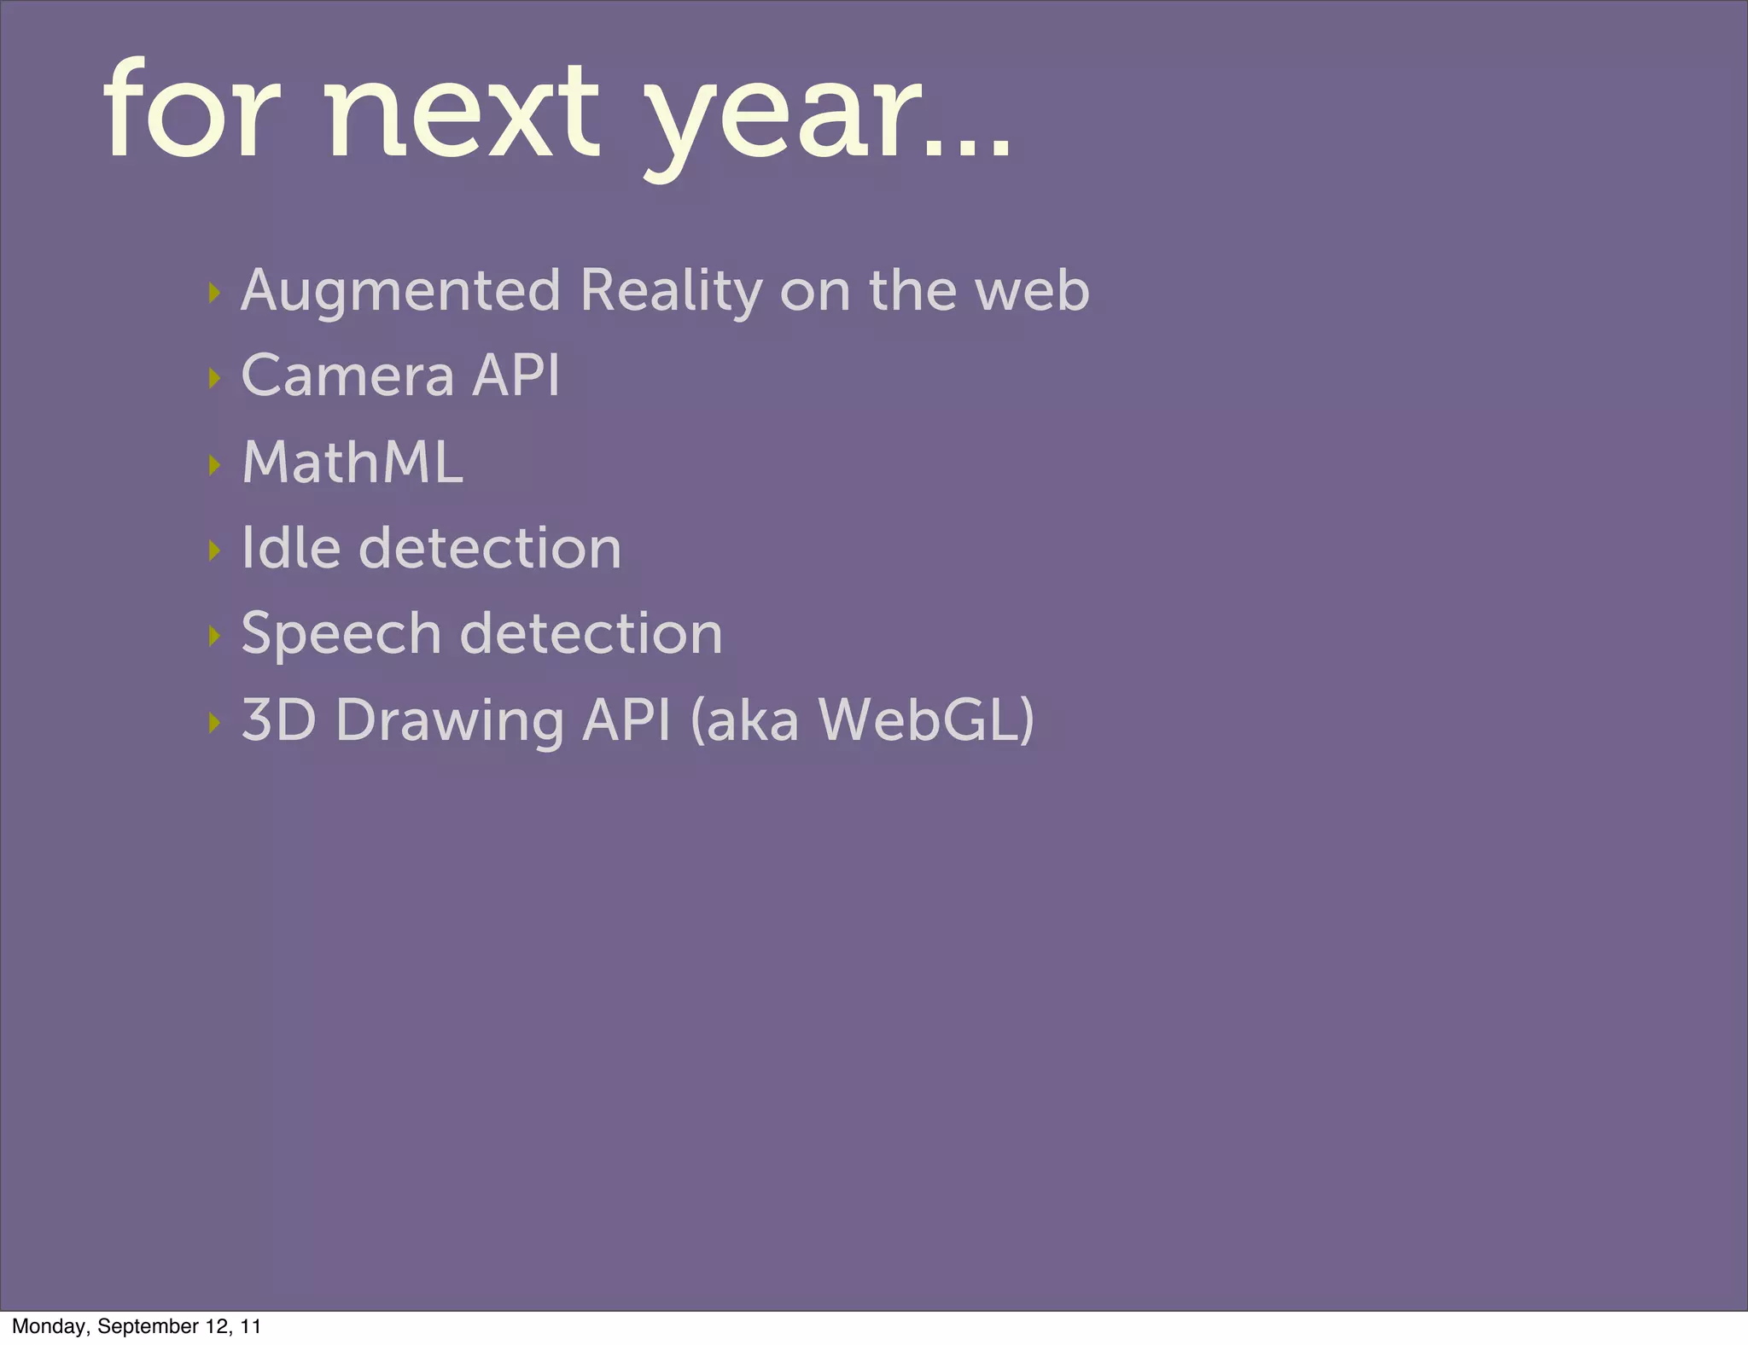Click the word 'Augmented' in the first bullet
(400, 292)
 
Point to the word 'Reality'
(671, 292)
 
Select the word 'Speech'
(341, 634)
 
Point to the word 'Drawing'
(450, 721)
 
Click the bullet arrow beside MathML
(214, 465)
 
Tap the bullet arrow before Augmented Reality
(214, 294)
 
